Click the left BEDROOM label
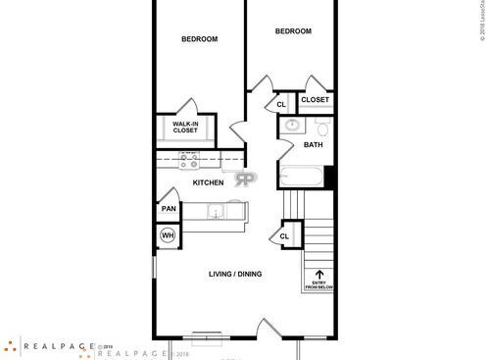pos(199,39)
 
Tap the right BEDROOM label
pos(292,31)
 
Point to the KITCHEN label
pos(208,182)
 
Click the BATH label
pos(313,145)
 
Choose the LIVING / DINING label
pos(235,274)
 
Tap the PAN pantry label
pos(169,209)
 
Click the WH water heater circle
pos(168,235)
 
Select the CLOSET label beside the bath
pos(315,100)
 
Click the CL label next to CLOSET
pos(280,103)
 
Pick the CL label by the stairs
pos(285,236)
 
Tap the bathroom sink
pos(292,126)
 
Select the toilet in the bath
pos(322,128)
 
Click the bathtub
pos(303,177)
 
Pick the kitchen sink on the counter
pos(215,209)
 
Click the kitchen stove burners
pos(186,161)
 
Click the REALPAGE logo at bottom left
pos(49,345)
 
